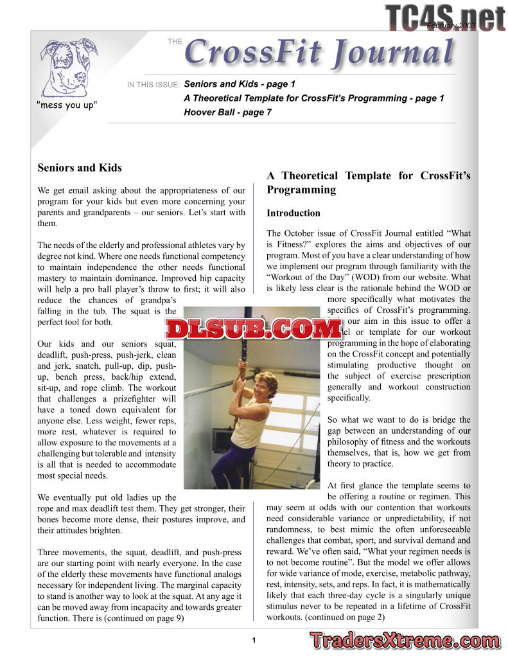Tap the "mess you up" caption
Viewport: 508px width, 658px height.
pos(67,105)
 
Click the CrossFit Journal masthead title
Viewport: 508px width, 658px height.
pos(319,53)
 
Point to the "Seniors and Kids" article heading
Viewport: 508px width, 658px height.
pos(80,168)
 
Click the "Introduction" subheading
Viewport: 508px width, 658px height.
pos(293,213)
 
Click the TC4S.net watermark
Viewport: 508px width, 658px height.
pos(445,17)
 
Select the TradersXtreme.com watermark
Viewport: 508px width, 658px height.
pos(404,641)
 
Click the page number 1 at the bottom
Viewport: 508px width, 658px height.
pos(254,640)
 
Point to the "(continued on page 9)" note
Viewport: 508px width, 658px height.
pos(143,618)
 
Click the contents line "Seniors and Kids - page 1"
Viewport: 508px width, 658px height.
pos(240,84)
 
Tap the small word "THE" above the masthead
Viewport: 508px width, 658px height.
pos(175,42)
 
